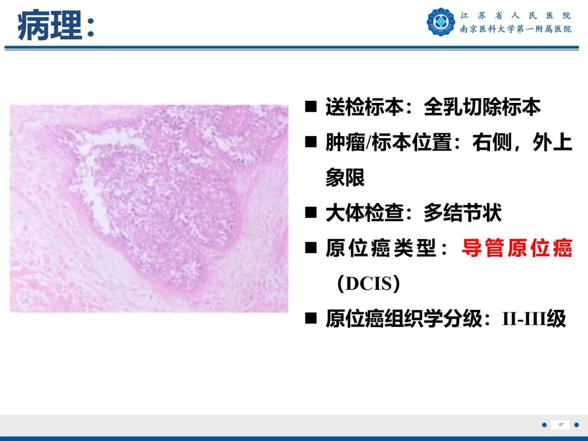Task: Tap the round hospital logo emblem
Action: [x=441, y=22]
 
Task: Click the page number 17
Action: [x=561, y=425]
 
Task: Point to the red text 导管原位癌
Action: [x=517, y=248]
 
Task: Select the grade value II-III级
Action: [x=534, y=318]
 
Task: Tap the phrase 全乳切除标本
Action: [x=482, y=107]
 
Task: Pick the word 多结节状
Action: [x=462, y=213]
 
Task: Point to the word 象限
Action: [x=345, y=178]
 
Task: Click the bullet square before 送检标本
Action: [x=311, y=106]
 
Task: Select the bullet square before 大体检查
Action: [x=311, y=212]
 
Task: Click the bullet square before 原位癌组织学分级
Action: [x=311, y=318]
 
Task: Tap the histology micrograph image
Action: [x=149, y=209]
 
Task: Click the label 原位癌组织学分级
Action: [x=403, y=318]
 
